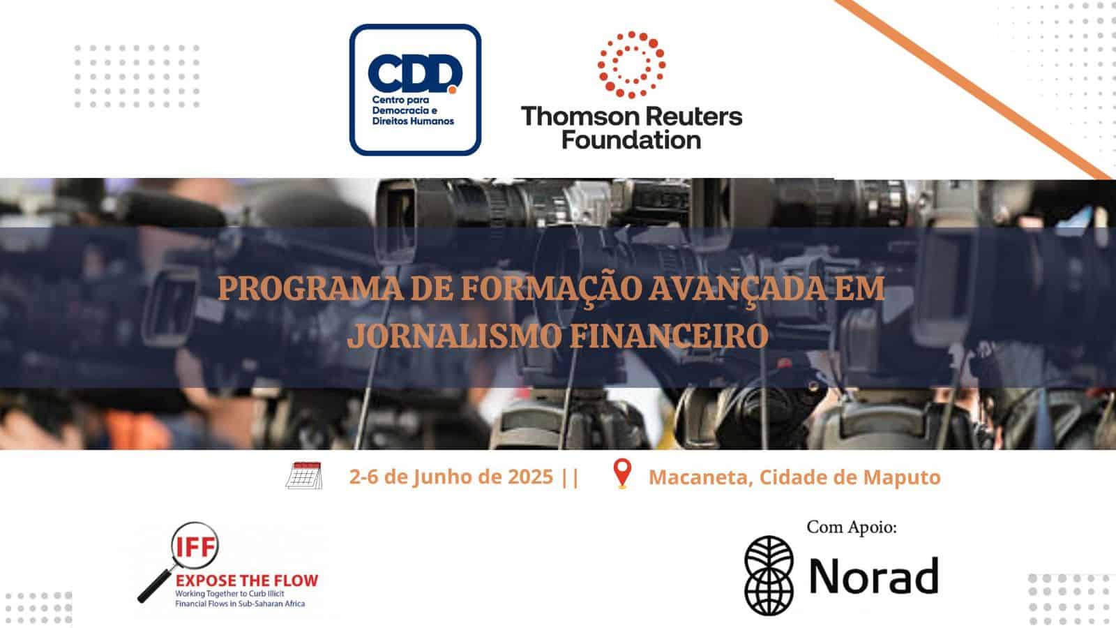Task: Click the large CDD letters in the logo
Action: tap(414, 74)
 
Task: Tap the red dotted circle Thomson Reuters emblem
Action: tap(631, 65)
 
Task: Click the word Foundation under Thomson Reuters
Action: tap(631, 140)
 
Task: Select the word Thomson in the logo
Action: tap(576, 116)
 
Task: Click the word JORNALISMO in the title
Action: tap(455, 336)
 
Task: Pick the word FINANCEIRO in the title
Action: tap(669, 336)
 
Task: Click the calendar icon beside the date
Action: tap(304, 475)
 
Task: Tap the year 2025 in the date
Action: tap(529, 477)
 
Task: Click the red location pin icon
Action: tap(622, 473)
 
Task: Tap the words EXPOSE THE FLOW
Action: tap(247, 581)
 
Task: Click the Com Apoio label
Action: tap(852, 528)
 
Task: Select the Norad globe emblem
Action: tap(769, 575)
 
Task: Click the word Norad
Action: tap(874, 575)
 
